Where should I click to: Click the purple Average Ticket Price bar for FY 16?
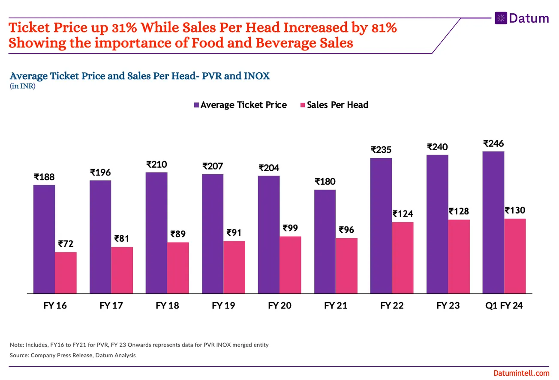[44, 239]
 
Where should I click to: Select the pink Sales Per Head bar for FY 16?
[66, 273]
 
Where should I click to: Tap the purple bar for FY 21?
[325, 241]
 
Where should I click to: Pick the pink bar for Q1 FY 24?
[515, 256]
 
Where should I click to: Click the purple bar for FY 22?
[381, 226]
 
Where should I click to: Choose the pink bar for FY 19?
[234, 267]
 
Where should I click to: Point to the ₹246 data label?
[493, 143]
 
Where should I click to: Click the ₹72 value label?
[66, 244]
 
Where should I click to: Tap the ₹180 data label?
[325, 181]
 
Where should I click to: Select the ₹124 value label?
[403, 214]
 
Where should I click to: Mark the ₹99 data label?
[290, 228]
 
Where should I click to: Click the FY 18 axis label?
[167, 306]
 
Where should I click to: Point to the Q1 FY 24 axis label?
[504, 306]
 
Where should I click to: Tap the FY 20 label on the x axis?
[279, 306]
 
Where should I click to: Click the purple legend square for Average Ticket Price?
[196, 105]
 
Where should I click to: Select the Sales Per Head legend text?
[337, 105]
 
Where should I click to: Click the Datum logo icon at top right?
[500, 18]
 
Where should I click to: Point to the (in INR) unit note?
[22, 86]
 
